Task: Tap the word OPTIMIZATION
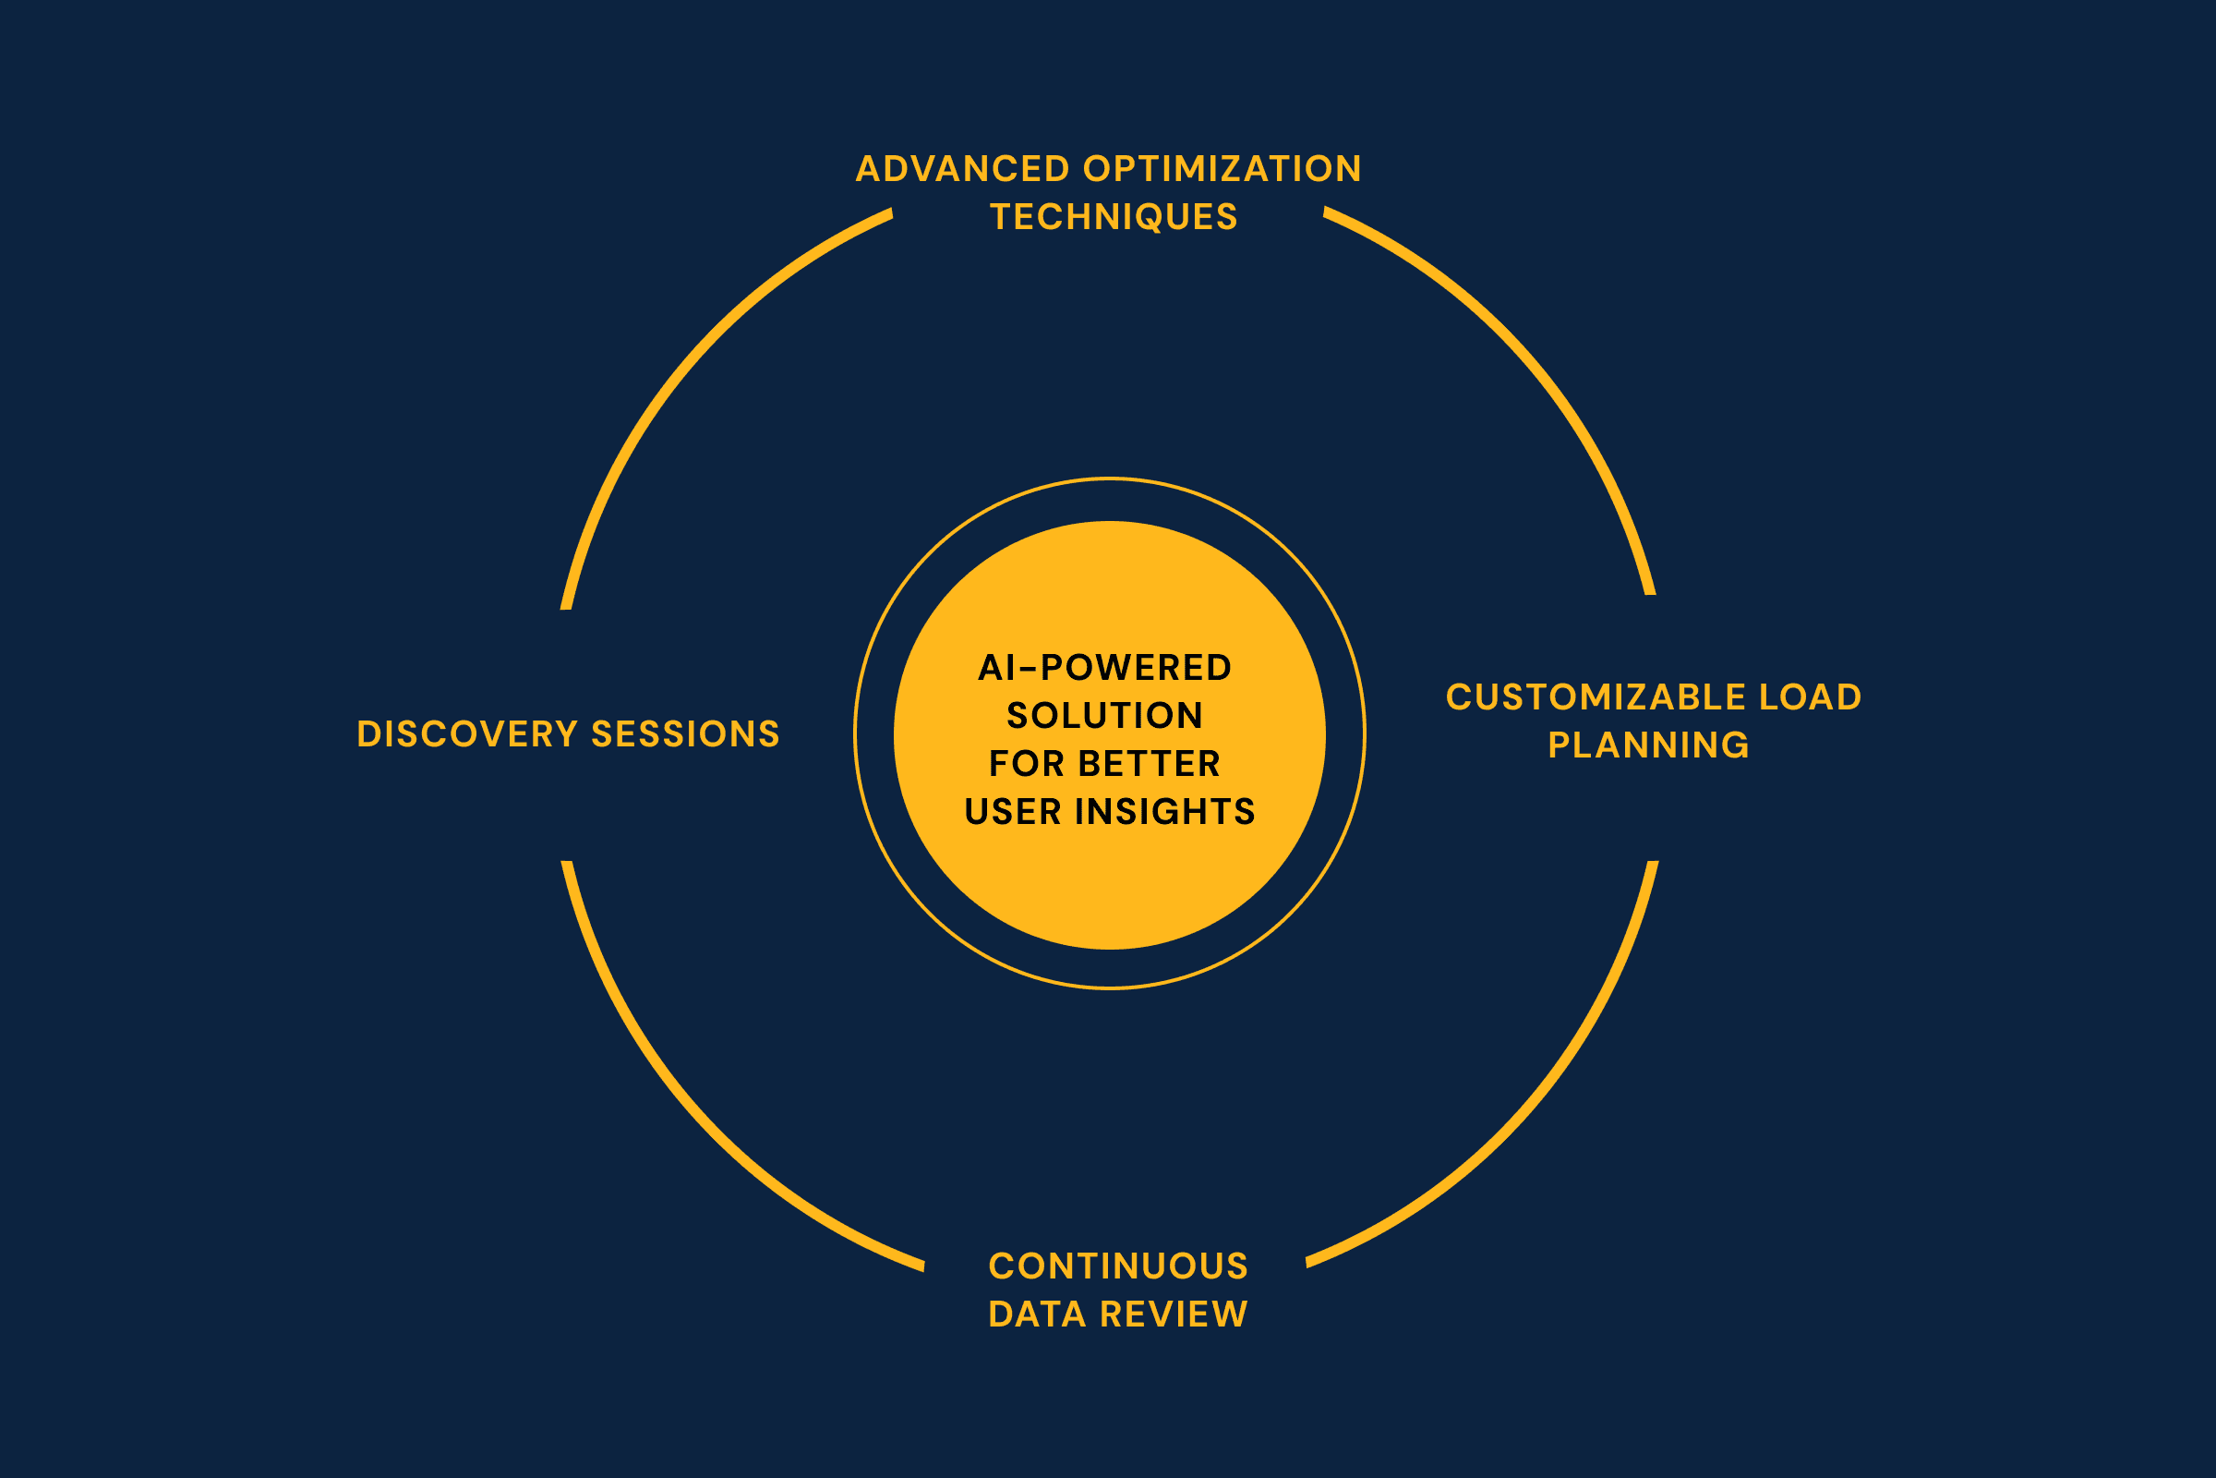point(1222,169)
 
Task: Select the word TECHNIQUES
point(1113,217)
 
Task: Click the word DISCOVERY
point(467,734)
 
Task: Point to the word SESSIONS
point(685,734)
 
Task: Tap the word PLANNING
point(1648,745)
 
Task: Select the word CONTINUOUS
point(1118,1266)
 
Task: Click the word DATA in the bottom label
point(1037,1314)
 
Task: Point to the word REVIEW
point(1173,1314)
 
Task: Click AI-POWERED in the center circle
point(1105,667)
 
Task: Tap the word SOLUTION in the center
point(1105,715)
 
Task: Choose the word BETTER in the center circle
point(1149,764)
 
